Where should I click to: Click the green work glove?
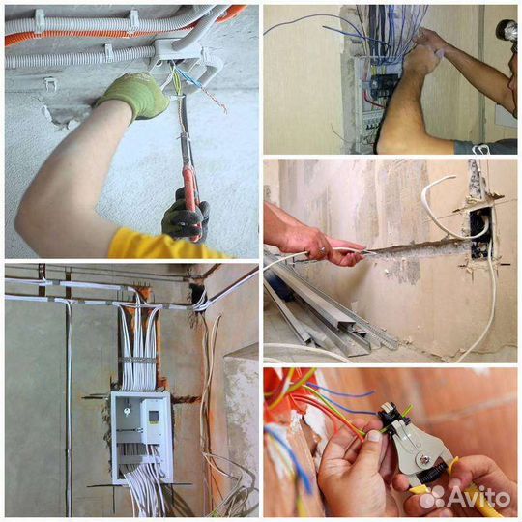point(134,95)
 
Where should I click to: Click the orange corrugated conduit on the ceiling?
point(100,34)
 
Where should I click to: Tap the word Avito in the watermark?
point(479,497)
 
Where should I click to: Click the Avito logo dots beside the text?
point(432,497)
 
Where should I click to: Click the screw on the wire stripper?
point(423,460)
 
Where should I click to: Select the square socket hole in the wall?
point(480,233)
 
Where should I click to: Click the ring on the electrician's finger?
point(322,249)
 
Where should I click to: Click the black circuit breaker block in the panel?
point(384,85)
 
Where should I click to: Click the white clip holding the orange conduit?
point(133,20)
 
